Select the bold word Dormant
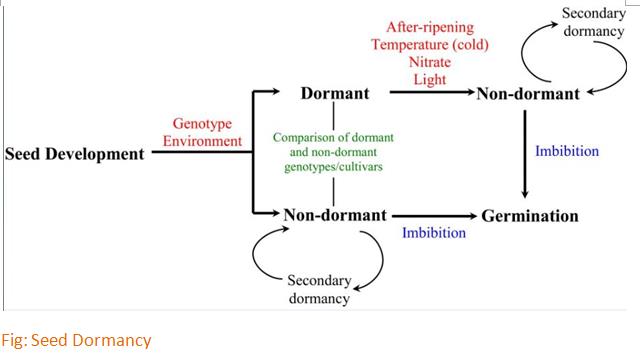coord(335,95)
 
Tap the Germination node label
coord(529,215)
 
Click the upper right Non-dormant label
coord(527,95)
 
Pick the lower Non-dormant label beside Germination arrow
coord(335,215)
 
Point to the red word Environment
coord(204,141)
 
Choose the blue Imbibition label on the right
coord(567,151)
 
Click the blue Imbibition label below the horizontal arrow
coord(434,233)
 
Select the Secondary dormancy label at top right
coord(594,22)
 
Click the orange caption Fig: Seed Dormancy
coord(76,341)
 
